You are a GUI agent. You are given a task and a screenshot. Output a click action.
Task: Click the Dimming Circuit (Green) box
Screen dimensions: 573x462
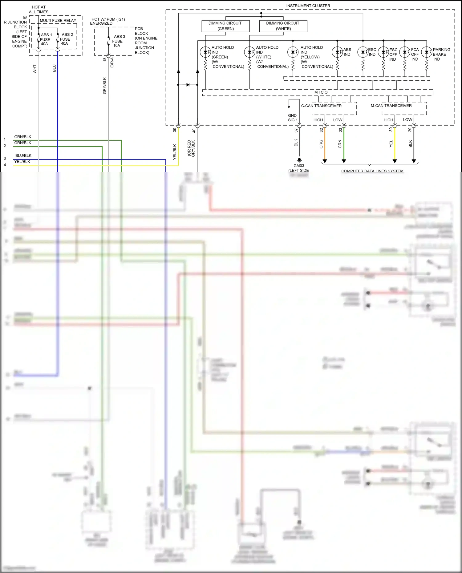[225, 26]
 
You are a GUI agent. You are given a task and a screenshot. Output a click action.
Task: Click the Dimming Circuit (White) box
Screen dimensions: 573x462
[283, 26]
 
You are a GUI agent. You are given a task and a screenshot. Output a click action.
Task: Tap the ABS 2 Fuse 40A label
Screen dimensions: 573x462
[66, 39]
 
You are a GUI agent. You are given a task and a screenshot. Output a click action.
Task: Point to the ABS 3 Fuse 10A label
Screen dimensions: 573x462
[118, 41]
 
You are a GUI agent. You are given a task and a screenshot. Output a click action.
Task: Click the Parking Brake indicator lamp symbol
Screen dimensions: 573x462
[427, 52]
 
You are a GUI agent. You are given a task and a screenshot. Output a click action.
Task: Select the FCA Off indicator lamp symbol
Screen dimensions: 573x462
[405, 52]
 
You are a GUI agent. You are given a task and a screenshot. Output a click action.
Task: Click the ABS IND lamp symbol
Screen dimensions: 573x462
[337, 52]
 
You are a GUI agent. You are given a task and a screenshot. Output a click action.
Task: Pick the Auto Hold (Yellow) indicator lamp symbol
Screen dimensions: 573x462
[293, 52]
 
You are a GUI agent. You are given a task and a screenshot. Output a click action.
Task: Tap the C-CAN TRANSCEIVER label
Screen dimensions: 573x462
[321, 106]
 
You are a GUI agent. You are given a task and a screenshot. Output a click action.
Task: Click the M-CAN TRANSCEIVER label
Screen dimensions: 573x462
[391, 106]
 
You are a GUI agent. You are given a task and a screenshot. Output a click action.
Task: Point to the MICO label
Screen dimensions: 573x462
[321, 92]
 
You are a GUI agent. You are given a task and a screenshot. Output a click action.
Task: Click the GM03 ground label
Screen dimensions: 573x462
[298, 166]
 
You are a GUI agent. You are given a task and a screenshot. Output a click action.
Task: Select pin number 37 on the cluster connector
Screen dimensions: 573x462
[296, 131]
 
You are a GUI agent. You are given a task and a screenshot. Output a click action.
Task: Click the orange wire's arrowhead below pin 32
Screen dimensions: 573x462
[325, 161]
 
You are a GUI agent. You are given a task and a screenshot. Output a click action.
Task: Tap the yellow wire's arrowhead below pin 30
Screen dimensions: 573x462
[395, 161]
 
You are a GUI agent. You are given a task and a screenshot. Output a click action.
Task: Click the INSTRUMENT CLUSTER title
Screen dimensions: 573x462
[308, 6]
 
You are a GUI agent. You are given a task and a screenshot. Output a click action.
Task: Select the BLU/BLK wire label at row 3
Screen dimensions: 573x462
[23, 155]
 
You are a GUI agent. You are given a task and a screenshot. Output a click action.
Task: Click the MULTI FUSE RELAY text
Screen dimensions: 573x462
[58, 21]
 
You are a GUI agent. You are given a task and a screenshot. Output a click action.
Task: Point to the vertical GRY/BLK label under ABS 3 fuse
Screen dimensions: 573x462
[105, 86]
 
